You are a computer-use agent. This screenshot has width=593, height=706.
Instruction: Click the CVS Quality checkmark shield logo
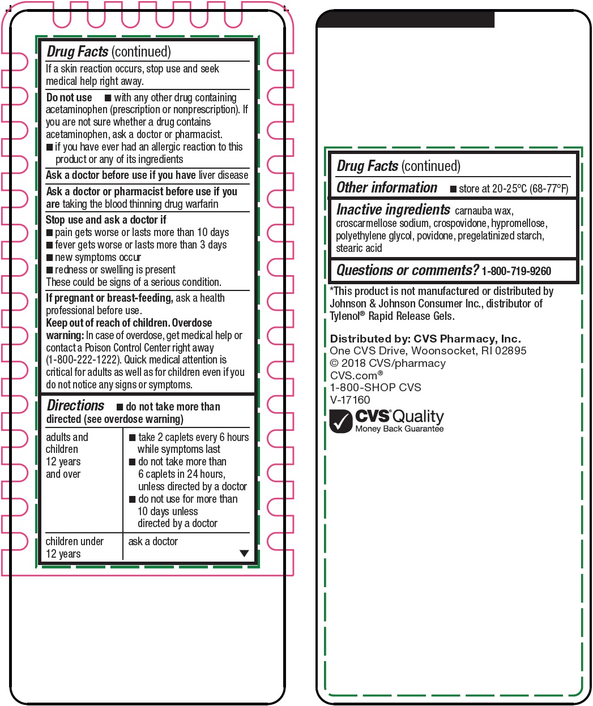pos(341,422)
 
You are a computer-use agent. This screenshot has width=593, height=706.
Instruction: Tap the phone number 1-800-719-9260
pos(516,271)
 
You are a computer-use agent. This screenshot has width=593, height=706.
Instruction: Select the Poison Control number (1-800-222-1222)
pos(83,360)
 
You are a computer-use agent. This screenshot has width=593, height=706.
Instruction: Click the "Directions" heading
pos(75,406)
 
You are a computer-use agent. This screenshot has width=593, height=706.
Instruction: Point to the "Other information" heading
pos(387,187)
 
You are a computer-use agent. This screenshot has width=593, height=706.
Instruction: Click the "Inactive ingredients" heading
pos(393,209)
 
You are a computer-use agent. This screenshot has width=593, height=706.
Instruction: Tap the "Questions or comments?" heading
pos(407,271)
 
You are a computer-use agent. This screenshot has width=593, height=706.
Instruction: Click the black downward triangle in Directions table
pos(244,554)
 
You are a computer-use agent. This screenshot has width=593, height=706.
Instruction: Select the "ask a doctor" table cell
pos(153,542)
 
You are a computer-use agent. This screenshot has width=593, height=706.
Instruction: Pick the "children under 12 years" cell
pos(74,547)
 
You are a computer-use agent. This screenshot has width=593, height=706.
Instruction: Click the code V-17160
pos(350,400)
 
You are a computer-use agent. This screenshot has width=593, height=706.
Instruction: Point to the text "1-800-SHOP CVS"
pos(376,388)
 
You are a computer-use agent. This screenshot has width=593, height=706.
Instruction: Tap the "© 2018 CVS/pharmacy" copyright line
pos(387,363)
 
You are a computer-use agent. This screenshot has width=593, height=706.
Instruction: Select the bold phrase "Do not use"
pos(69,97)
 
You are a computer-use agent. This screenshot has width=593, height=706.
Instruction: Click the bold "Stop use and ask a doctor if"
pos(106,220)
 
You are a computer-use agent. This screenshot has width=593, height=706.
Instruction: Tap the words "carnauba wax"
pos(484,211)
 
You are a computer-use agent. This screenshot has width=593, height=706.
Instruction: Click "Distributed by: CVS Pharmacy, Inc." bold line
pos(425,339)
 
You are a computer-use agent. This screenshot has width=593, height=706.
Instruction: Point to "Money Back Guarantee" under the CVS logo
pos(399,429)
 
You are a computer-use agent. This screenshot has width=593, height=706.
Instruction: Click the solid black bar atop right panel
pos(406,20)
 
